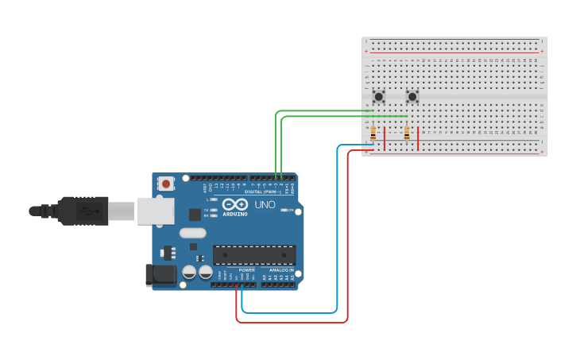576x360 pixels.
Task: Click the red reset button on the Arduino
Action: point(165,184)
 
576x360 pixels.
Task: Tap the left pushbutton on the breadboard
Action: point(379,97)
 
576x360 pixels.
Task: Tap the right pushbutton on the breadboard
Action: point(412,97)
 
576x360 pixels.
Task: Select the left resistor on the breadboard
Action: point(373,134)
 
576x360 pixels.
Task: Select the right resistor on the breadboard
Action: point(407,134)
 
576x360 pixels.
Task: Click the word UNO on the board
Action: point(265,204)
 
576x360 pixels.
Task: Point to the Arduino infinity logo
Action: point(236,203)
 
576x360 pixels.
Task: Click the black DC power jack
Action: point(160,275)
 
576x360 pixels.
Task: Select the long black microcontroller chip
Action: point(254,255)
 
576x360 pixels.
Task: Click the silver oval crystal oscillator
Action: point(192,234)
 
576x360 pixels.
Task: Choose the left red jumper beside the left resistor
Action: point(385,138)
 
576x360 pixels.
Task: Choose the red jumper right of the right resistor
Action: point(418,138)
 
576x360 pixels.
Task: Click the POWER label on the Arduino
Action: point(246,270)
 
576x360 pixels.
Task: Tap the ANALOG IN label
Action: point(281,270)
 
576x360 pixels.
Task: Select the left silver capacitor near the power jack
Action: point(189,272)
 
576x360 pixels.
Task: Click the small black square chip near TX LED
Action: point(195,214)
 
